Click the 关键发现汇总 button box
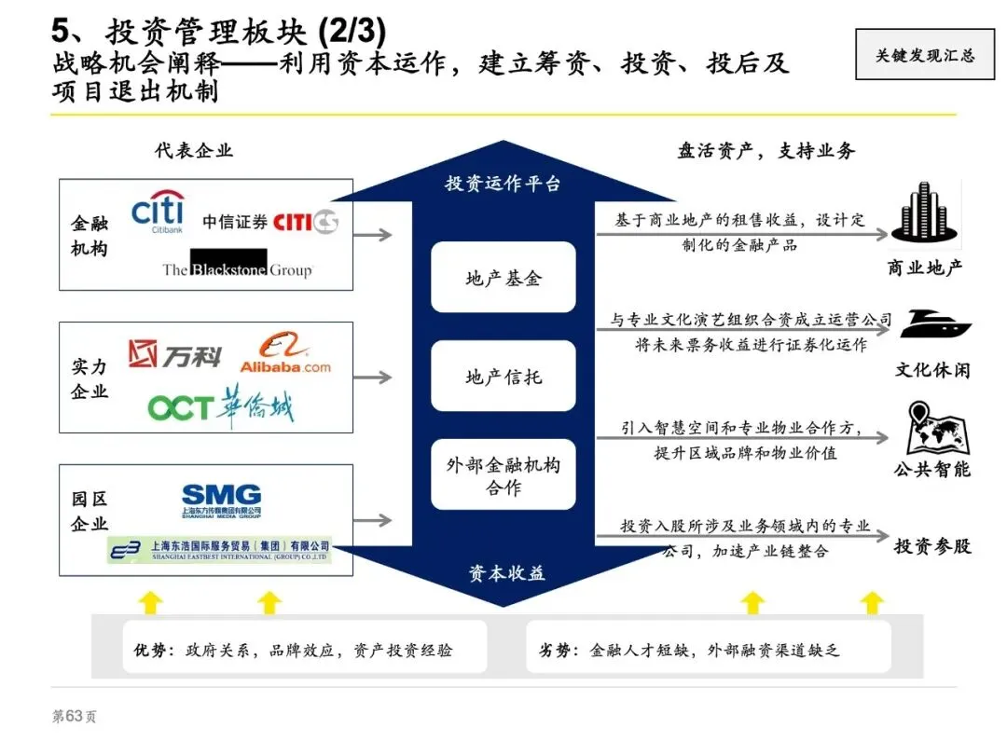pyautogui.click(x=924, y=55)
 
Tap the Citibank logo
pyautogui.click(x=158, y=213)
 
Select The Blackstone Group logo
pyautogui.click(x=237, y=265)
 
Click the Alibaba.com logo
pyautogui.click(x=284, y=355)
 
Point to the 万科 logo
pyautogui.click(x=174, y=354)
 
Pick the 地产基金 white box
pyautogui.click(x=504, y=278)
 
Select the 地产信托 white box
pyautogui.click(x=504, y=377)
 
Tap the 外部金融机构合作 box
pyautogui.click(x=504, y=475)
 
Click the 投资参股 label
pyautogui.click(x=932, y=546)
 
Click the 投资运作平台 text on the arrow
pyautogui.click(x=503, y=184)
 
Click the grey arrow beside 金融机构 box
pyautogui.click(x=373, y=234)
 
